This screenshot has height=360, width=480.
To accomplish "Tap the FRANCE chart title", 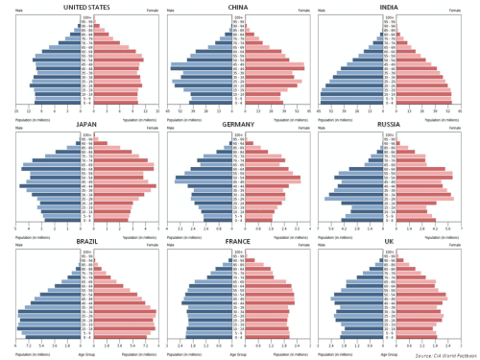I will [x=238, y=246].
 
